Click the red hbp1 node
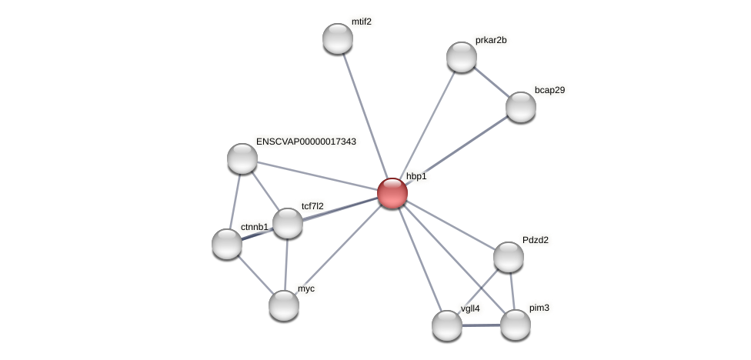pyautogui.click(x=392, y=193)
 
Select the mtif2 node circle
pyautogui.click(x=337, y=38)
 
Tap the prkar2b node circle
pyautogui.click(x=461, y=57)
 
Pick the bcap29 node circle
pyautogui.click(x=520, y=107)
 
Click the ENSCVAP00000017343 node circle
pyautogui.click(x=242, y=158)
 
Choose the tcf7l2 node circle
pyautogui.click(x=288, y=223)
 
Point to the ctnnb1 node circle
pyautogui.click(x=226, y=244)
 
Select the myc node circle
pyautogui.click(x=283, y=305)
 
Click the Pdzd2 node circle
pyautogui.click(x=508, y=257)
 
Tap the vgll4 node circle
pyautogui.click(x=446, y=325)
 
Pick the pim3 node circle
pyautogui.click(x=515, y=325)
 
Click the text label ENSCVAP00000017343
pyautogui.click(x=306, y=142)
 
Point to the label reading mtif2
pyautogui.click(x=362, y=22)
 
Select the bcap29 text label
pyautogui.click(x=549, y=90)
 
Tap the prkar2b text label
pyautogui.click(x=490, y=40)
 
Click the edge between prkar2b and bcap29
pyautogui.click(x=491, y=82)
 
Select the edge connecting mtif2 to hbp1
pyautogui.click(x=364, y=115)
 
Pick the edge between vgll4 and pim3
pyautogui.click(x=481, y=325)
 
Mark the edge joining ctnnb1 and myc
pyautogui.click(x=255, y=275)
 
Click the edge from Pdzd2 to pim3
pyautogui.click(x=512, y=291)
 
